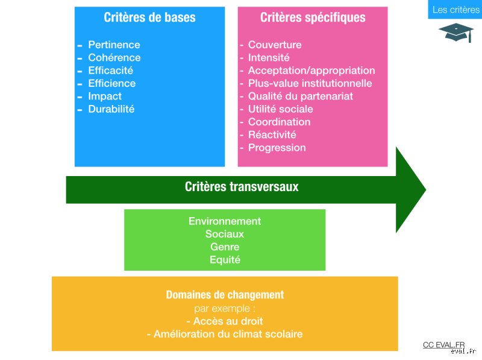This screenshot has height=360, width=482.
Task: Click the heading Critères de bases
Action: click(x=149, y=17)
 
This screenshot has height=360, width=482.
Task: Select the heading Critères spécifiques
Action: click(x=313, y=17)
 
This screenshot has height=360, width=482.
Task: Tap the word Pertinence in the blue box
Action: click(x=114, y=45)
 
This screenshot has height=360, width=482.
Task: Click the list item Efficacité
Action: click(x=111, y=71)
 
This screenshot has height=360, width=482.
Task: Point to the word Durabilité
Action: click(x=111, y=109)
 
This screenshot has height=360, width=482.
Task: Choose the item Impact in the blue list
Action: click(x=105, y=96)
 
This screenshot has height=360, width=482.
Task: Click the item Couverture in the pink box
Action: click(x=275, y=45)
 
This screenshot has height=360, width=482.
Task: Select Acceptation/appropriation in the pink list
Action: click(x=311, y=71)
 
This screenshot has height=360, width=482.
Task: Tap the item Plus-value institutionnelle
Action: click(x=310, y=83)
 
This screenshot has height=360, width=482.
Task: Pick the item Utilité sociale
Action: click(x=280, y=109)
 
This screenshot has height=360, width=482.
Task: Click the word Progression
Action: click(x=277, y=148)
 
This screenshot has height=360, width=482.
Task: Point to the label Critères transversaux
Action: click(x=242, y=187)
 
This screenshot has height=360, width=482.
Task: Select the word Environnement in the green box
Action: click(x=225, y=221)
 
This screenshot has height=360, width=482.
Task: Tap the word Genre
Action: click(x=225, y=247)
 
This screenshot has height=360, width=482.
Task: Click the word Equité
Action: click(x=225, y=260)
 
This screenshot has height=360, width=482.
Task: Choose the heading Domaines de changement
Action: click(x=225, y=295)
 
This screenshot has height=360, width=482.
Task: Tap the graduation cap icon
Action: click(x=456, y=33)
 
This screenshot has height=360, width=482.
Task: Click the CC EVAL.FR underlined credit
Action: click(x=443, y=345)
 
